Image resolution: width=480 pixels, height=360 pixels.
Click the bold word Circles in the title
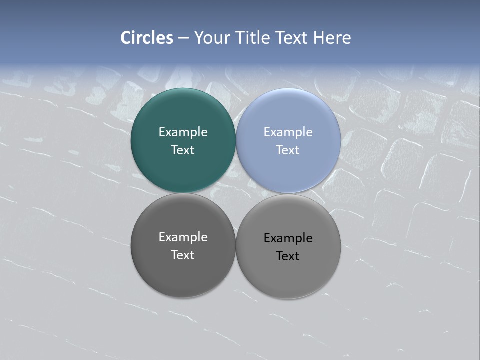pyautogui.click(x=147, y=38)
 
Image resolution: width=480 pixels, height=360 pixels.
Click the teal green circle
pyautogui.click(x=183, y=170)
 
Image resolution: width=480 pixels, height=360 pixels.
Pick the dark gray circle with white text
pyautogui.click(x=183, y=275)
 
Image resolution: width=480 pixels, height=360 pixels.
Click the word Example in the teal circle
pyautogui.click(x=183, y=132)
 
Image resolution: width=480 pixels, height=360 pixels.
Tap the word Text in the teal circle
pyautogui.click(x=183, y=150)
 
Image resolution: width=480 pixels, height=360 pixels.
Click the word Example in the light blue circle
pyautogui.click(x=288, y=132)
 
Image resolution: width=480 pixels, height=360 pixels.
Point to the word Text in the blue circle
pyautogui.click(x=288, y=150)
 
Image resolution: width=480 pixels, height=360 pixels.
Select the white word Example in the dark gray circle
pyautogui.click(x=183, y=237)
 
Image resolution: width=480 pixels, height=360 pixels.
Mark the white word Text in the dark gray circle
pyautogui.click(x=183, y=255)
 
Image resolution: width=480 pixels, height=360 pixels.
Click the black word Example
pyautogui.click(x=288, y=238)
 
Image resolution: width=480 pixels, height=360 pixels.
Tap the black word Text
pyautogui.click(x=288, y=256)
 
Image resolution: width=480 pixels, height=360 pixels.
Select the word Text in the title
pyautogui.click(x=292, y=38)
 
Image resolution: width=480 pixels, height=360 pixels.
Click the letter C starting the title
pyautogui.click(x=126, y=38)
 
